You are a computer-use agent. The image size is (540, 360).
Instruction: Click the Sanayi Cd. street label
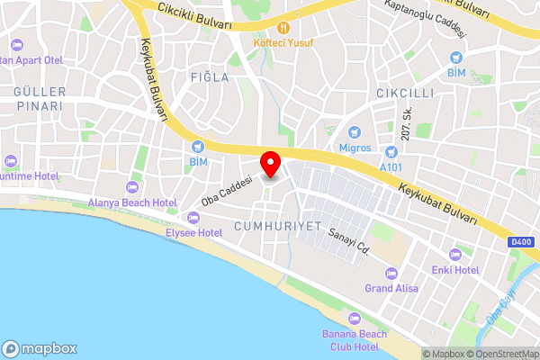(x=349, y=240)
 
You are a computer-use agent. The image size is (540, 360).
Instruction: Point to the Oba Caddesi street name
(x=225, y=189)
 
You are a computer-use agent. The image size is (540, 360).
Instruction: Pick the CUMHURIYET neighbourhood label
(x=277, y=226)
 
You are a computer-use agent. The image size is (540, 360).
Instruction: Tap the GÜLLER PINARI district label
(x=38, y=99)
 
